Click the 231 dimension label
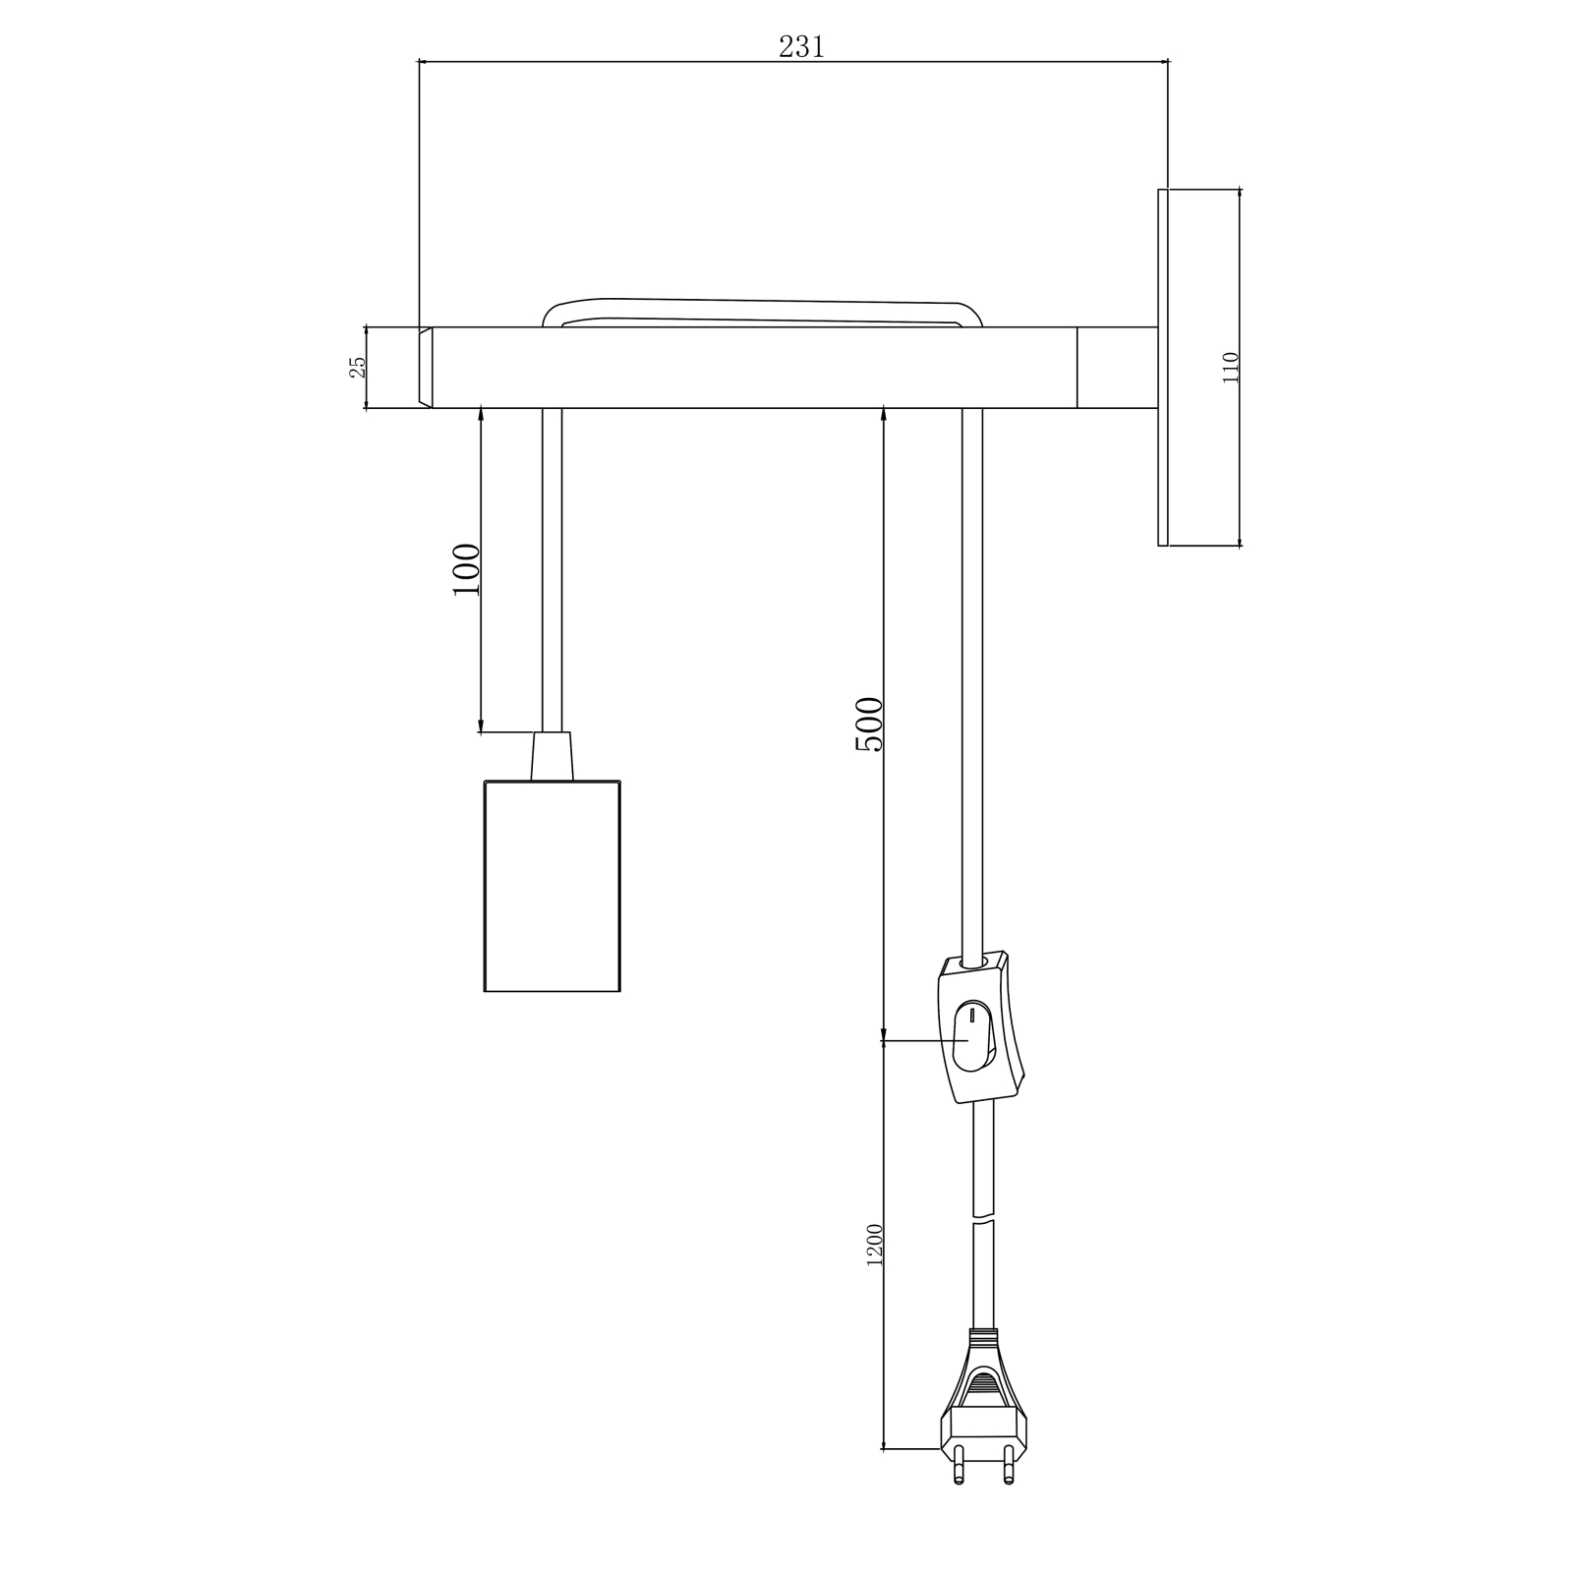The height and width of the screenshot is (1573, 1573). (801, 46)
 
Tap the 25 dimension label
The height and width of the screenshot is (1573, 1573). (358, 367)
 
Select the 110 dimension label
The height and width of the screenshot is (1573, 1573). (1231, 368)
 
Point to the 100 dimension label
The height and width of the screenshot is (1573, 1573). (466, 569)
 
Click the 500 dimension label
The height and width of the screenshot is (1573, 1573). (869, 724)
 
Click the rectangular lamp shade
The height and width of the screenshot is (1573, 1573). (553, 886)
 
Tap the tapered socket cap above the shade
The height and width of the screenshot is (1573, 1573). (552, 756)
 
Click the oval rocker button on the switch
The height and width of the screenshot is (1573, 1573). (971, 1036)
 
